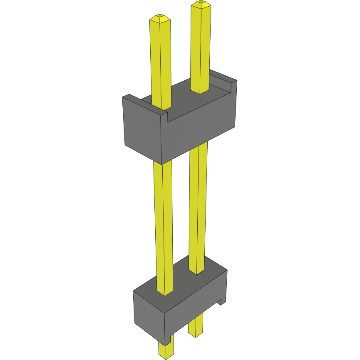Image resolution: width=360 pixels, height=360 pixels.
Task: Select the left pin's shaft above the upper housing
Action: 161,62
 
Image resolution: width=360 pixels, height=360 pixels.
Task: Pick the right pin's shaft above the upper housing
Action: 200,46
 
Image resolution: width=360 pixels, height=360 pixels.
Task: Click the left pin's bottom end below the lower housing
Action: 166,350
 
